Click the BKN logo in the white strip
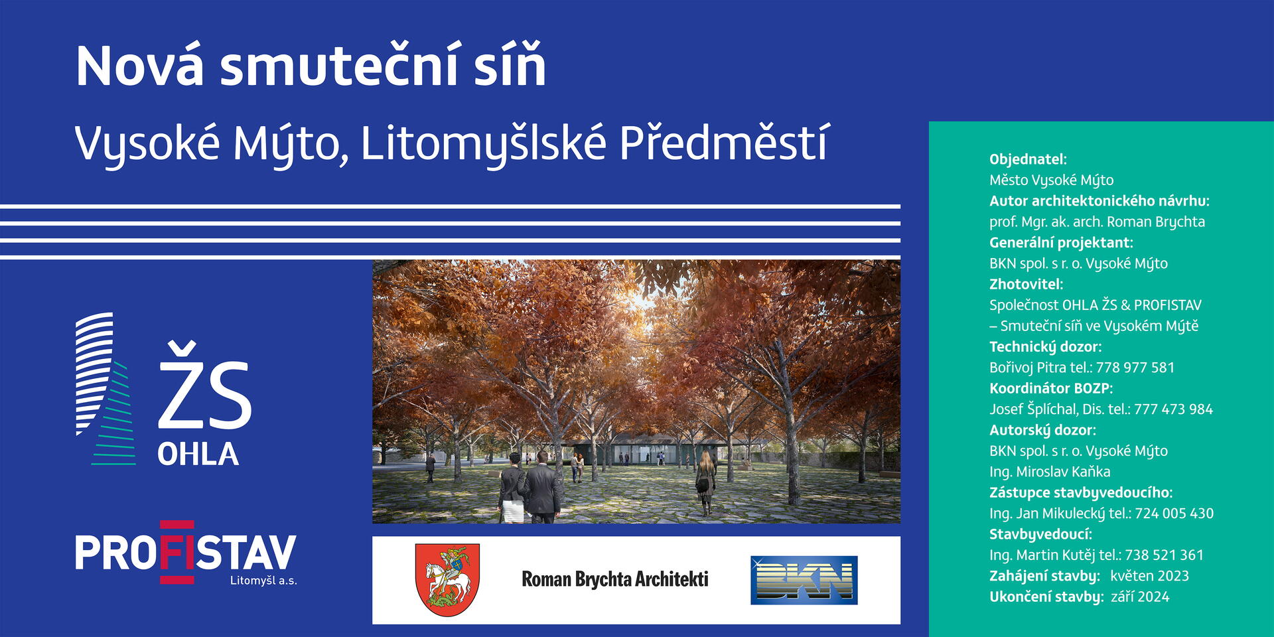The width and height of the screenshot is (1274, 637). pos(804,580)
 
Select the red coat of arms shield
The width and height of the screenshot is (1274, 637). pos(447,580)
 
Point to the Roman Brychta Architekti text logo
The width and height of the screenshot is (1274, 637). pos(615,579)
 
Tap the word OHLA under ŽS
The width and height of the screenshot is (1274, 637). pos(198,455)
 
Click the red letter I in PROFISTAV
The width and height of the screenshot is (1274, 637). pos(177,552)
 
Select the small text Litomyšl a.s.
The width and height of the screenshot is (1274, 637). pos(263,581)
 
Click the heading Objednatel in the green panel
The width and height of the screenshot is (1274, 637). pos(1028,159)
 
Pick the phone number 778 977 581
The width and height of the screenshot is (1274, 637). pos(1135,368)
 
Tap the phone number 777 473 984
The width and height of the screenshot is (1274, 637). pos(1173,409)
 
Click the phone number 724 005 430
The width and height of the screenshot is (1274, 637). pos(1174,514)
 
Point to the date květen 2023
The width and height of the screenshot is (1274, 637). pos(1149,576)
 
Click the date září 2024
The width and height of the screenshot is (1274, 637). pos(1140,597)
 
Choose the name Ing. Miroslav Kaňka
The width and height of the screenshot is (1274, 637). pos(1050,472)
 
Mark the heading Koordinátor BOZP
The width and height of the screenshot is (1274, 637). pos(1051,388)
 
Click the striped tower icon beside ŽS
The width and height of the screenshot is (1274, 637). pos(106,388)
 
